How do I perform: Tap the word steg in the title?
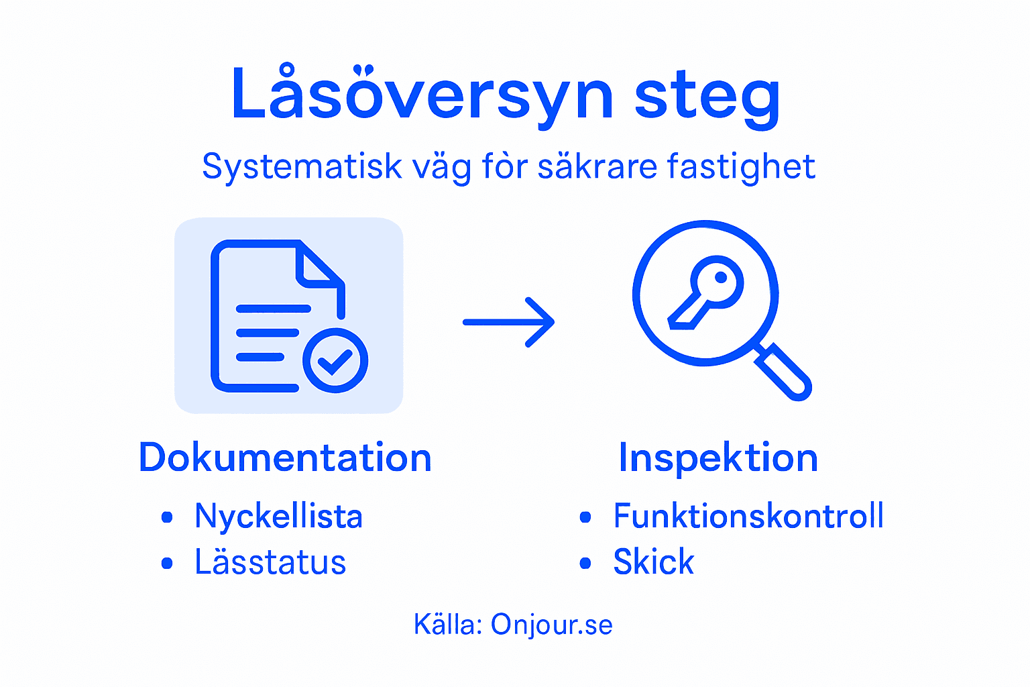pos(707,97)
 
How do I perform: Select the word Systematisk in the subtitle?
pos(302,166)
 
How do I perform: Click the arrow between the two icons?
pos(509,322)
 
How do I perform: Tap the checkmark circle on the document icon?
pos(335,361)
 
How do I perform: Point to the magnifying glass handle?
pos(783,372)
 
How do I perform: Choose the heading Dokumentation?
pos(285,458)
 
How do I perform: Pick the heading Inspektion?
pos(718,458)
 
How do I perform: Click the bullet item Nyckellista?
pos(278,517)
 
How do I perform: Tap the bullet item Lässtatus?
pos(270,562)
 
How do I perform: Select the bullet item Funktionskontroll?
pos(748,517)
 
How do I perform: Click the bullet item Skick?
pos(654,562)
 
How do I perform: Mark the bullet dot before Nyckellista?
pos(167,517)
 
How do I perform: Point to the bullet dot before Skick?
pos(585,563)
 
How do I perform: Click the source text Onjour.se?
pos(551,625)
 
